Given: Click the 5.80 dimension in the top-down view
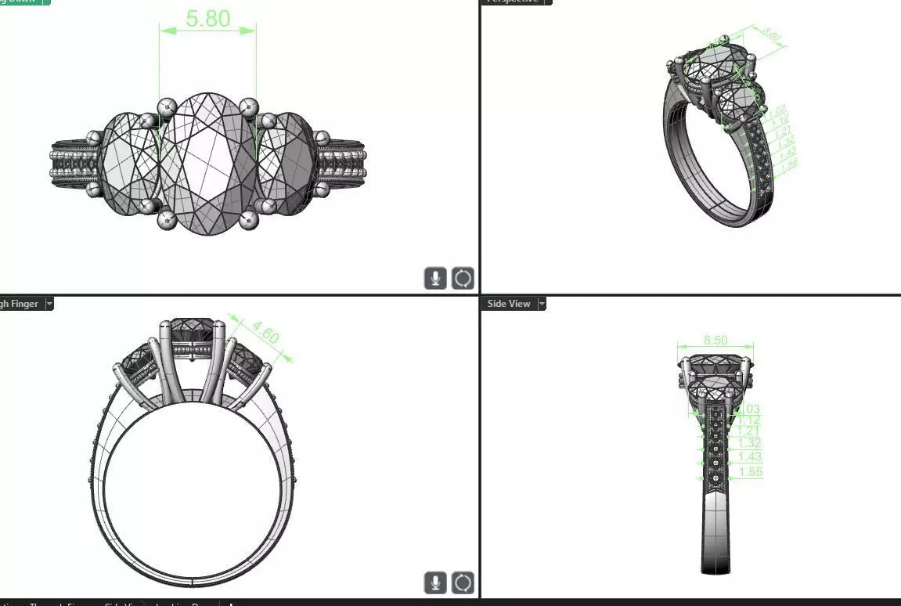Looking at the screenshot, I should [207, 18].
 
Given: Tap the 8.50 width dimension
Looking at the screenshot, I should [715, 340].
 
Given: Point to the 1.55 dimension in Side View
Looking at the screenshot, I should [749, 471].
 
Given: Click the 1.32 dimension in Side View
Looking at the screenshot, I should [749, 444].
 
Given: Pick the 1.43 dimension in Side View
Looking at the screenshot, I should [749, 457].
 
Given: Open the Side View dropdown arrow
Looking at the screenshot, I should [541, 304].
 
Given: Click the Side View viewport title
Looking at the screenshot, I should [508, 304].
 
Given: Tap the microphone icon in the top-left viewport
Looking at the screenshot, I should [435, 278].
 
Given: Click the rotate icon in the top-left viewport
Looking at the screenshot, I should [463, 278].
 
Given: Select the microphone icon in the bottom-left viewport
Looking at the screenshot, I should [435, 583].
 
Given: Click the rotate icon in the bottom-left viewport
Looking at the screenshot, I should [463, 583].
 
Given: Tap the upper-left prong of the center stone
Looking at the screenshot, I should [166, 106].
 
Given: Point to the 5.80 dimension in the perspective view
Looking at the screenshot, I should [772, 35].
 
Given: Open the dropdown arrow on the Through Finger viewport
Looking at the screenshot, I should [49, 304].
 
